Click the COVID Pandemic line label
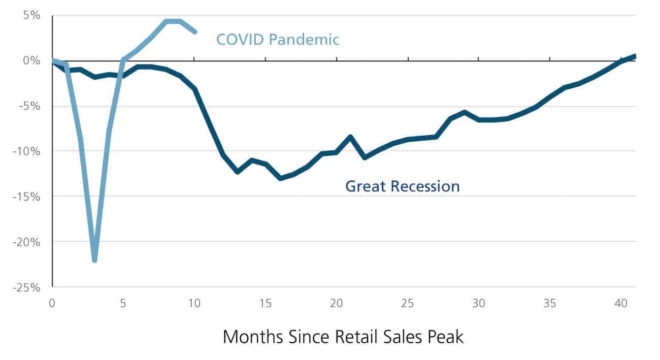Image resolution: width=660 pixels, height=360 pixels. (278, 40)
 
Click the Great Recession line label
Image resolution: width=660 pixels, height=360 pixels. (402, 186)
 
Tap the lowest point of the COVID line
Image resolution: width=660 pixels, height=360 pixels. (94, 260)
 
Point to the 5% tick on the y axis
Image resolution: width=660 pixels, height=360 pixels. (30, 15)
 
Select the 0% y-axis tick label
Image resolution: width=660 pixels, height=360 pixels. (30, 61)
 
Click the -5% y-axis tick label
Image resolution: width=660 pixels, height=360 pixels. (28, 106)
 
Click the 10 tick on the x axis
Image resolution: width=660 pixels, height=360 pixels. (194, 303)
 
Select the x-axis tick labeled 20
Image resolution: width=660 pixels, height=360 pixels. (336, 303)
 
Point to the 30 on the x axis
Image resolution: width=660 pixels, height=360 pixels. (478, 303)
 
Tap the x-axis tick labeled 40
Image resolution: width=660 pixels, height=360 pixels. (620, 303)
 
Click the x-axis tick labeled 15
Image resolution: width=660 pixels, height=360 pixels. (265, 303)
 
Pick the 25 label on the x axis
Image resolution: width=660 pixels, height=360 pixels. (407, 303)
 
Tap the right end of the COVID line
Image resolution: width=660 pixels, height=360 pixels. (194, 31)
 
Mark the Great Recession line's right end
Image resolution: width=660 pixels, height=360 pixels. (634, 56)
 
